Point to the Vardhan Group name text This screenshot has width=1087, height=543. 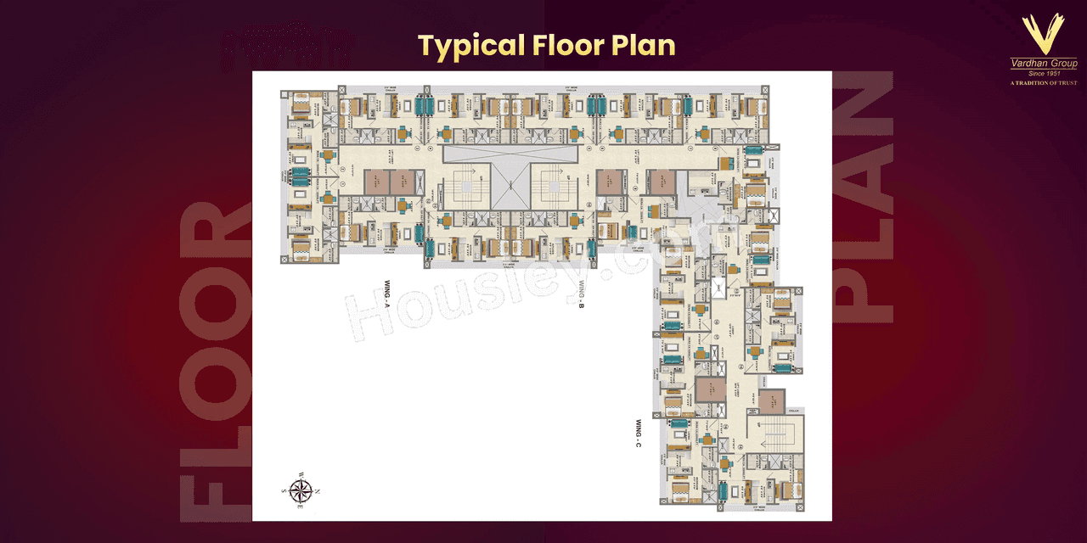[1043, 64]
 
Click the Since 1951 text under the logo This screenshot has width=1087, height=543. [1043, 74]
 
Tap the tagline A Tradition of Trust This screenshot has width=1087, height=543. [1043, 83]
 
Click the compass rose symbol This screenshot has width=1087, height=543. [299, 490]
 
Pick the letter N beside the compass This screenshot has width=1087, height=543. [317, 490]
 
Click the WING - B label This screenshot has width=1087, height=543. [582, 294]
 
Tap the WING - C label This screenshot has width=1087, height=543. [637, 433]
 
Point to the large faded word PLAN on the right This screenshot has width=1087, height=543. [864, 195]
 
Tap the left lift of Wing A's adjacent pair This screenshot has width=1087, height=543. [377, 182]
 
